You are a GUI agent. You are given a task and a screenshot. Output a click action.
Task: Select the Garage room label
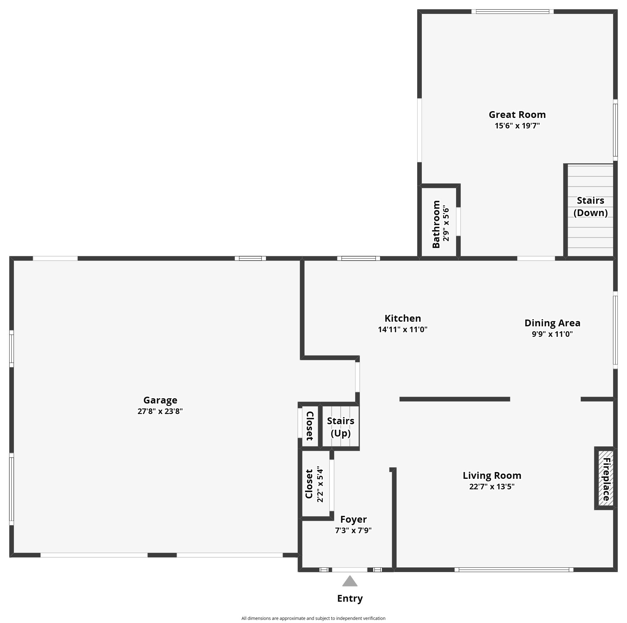tap(160, 400)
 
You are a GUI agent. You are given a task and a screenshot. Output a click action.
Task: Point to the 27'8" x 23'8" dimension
tap(160, 411)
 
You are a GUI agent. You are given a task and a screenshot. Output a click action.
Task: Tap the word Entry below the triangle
tap(350, 598)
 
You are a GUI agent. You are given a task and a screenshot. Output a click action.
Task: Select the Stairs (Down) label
tap(590, 207)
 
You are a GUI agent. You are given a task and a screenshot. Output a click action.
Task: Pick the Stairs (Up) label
tap(340, 427)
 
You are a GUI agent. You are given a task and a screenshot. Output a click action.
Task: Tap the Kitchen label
tap(403, 318)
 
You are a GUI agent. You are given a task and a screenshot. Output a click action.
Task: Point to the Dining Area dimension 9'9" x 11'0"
tap(552, 334)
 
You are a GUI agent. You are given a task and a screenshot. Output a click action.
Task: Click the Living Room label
tap(492, 476)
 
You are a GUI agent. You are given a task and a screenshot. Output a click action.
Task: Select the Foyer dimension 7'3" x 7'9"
tap(353, 530)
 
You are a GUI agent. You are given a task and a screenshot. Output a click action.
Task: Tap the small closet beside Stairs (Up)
tap(309, 426)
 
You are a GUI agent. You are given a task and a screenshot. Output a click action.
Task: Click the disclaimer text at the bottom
tap(313, 618)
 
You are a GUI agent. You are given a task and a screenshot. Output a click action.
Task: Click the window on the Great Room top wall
tap(512, 12)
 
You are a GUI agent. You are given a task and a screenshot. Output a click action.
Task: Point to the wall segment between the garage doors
tap(162, 555)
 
